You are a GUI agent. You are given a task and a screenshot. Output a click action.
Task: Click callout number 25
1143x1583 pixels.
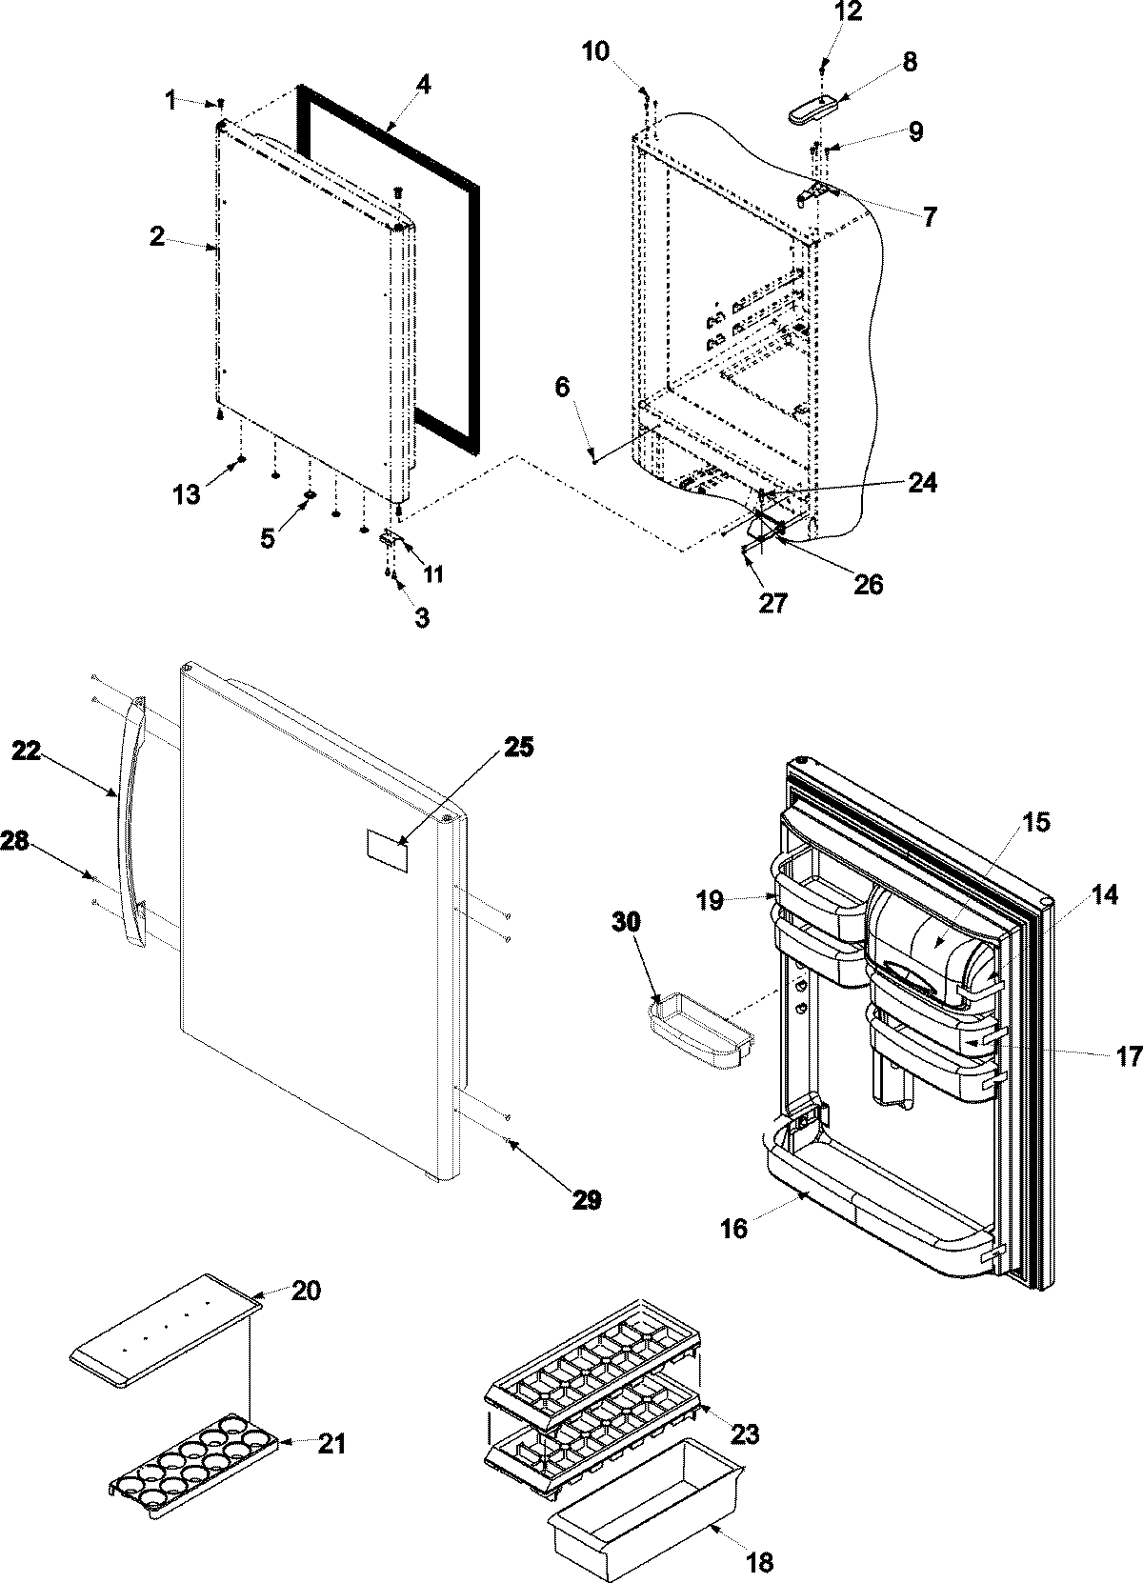tap(520, 748)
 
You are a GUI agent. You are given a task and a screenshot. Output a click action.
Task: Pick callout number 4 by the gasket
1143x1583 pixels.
tap(423, 85)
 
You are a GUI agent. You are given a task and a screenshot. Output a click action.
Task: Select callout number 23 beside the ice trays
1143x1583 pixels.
tap(745, 1433)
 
